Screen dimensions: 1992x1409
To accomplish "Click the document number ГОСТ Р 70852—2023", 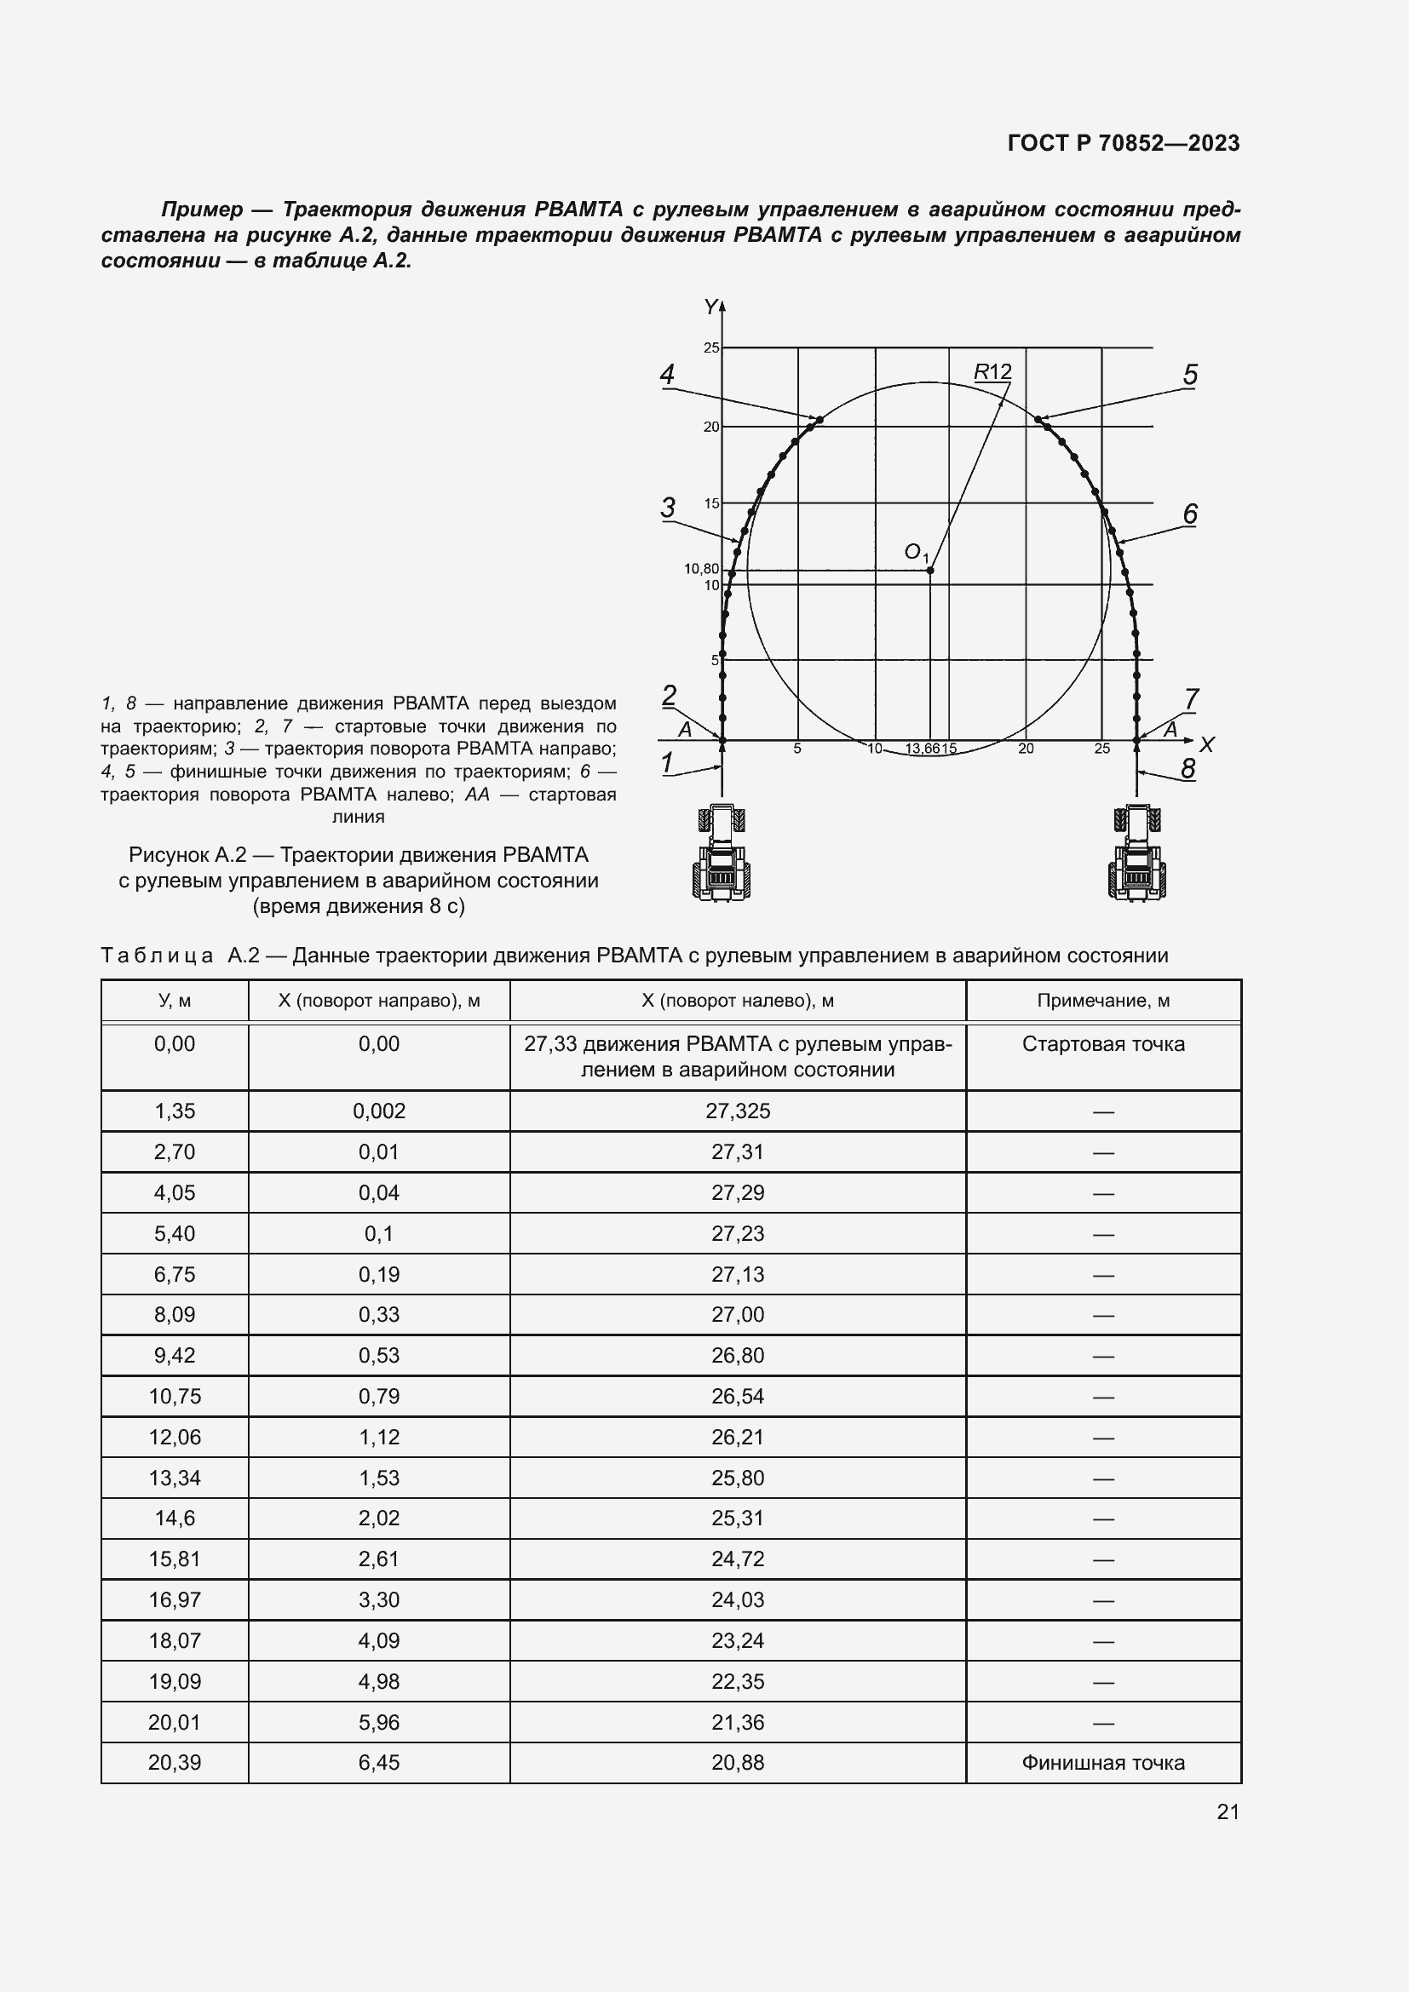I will click(x=1124, y=143).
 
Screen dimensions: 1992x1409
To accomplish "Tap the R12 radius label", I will click(x=992, y=372).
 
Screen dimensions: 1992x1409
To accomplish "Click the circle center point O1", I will click(x=930, y=570).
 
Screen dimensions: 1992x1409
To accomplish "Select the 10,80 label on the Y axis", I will click(x=701, y=569).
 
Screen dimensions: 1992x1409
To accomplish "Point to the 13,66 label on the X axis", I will click(x=923, y=749).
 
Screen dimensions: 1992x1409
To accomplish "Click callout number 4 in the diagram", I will click(x=666, y=375).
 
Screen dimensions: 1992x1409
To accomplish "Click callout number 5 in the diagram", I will click(x=1189, y=375).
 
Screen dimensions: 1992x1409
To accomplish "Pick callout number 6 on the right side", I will click(x=1189, y=514).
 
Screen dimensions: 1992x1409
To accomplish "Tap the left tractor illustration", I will click(x=721, y=852).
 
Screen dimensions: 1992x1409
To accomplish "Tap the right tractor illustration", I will click(x=1137, y=852).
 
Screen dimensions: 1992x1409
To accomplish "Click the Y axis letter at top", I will click(x=710, y=307).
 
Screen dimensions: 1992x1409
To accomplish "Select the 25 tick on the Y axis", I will click(x=711, y=348).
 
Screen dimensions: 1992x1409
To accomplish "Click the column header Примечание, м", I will click(x=1102, y=1001).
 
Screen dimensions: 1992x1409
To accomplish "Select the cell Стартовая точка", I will click(x=1102, y=1044).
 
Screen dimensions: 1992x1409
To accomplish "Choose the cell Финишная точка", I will click(x=1102, y=1762).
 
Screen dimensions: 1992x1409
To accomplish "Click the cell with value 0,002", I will click(x=379, y=1111).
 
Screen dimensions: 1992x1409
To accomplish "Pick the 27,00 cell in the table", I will click(x=738, y=1314).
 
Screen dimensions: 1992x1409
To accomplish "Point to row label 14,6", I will click(x=175, y=1518).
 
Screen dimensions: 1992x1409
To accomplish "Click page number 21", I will click(x=1228, y=1811).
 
